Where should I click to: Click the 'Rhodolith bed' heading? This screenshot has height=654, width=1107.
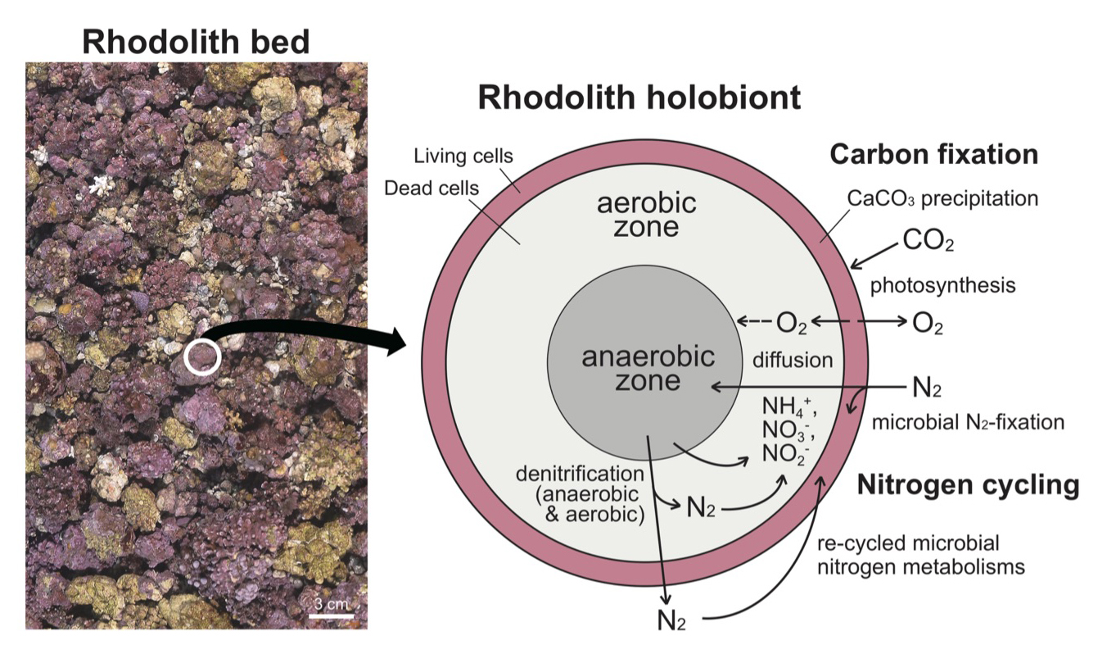click(196, 42)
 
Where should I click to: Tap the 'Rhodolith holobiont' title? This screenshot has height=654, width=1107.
click(639, 98)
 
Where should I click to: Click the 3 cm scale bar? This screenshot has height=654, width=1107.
click(332, 616)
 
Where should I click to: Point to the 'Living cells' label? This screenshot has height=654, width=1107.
click(463, 156)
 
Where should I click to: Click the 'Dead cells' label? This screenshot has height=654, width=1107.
click(432, 188)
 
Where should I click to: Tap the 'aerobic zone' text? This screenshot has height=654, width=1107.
click(646, 215)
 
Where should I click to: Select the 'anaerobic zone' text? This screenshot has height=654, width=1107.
click(648, 369)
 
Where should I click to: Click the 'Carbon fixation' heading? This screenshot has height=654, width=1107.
click(933, 154)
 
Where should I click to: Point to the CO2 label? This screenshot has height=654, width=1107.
click(929, 241)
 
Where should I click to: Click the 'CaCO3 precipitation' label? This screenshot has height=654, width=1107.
click(942, 199)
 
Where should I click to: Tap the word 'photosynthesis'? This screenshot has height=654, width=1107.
click(942, 285)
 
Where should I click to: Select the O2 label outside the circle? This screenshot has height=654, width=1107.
click(927, 324)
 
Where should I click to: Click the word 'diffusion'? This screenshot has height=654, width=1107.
click(793, 360)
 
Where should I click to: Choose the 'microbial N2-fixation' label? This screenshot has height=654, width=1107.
click(968, 423)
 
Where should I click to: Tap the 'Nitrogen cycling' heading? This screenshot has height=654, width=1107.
click(968, 485)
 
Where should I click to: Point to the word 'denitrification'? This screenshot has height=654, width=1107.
click(581, 474)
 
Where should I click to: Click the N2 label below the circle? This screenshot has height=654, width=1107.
click(671, 620)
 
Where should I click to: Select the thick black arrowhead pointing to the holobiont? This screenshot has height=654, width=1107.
click(397, 342)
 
